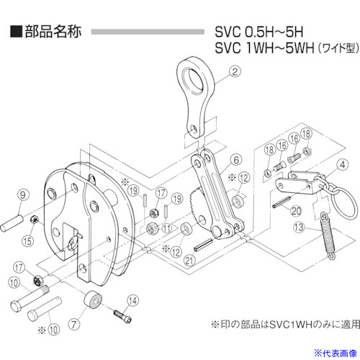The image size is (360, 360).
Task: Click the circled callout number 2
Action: click(235, 71)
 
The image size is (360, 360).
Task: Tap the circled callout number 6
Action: click(236, 160)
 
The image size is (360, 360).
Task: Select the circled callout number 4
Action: click(343, 165)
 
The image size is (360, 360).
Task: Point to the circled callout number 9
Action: click(23, 194)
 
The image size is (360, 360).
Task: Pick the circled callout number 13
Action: click(299, 227)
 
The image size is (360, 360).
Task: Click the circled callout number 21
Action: click(189, 260)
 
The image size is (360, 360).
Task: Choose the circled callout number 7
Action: click(74, 325)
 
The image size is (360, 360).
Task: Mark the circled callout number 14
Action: click(132, 301)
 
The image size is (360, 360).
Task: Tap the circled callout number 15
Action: click(27, 240)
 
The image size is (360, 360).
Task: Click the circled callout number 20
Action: click(296, 211)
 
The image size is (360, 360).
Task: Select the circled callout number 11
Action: click(167, 228)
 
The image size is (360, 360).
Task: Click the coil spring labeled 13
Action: click(328, 236)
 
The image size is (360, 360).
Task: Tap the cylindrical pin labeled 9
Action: click(12, 224)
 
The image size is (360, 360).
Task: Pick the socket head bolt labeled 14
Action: click(122, 316)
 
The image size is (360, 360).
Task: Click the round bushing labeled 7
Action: click(93, 300)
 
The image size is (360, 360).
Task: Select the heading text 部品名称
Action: click(53, 32)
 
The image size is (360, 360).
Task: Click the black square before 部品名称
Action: click(16, 32)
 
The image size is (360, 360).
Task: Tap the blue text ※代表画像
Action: click(336, 354)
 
